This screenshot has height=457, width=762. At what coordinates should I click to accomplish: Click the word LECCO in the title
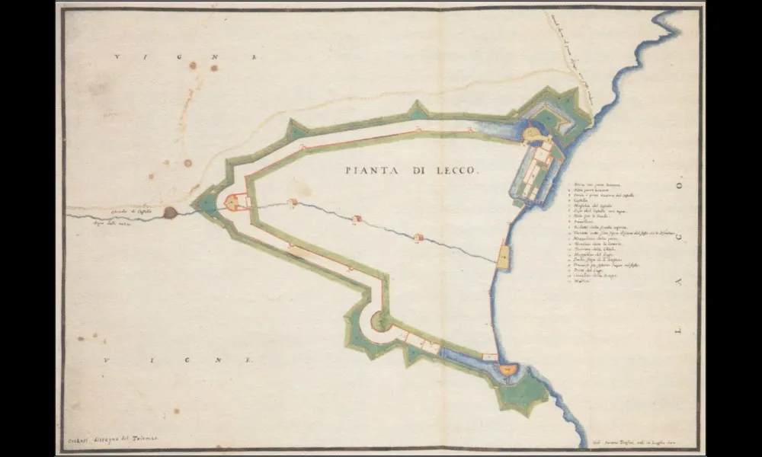point(456,171)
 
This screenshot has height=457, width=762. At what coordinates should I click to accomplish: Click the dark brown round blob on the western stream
point(170,213)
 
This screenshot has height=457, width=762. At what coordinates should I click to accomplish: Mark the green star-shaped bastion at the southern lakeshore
point(523,395)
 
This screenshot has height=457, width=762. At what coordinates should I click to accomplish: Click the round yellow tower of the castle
point(532,134)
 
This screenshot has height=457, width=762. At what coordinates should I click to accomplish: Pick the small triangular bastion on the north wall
point(417,110)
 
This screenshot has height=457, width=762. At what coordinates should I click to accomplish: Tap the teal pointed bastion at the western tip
point(204,202)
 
